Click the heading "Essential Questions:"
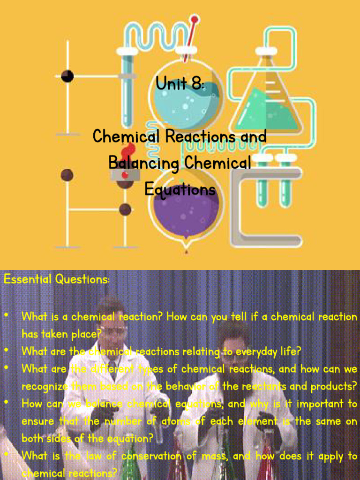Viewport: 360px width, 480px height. [57, 280]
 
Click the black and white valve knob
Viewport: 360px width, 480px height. [67, 75]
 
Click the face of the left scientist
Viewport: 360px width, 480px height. [112, 331]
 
